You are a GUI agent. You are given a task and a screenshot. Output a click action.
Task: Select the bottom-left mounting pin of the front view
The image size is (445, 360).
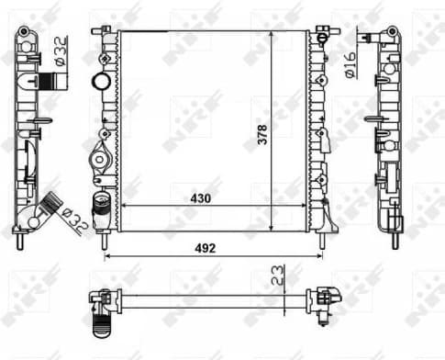(x=107, y=241)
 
